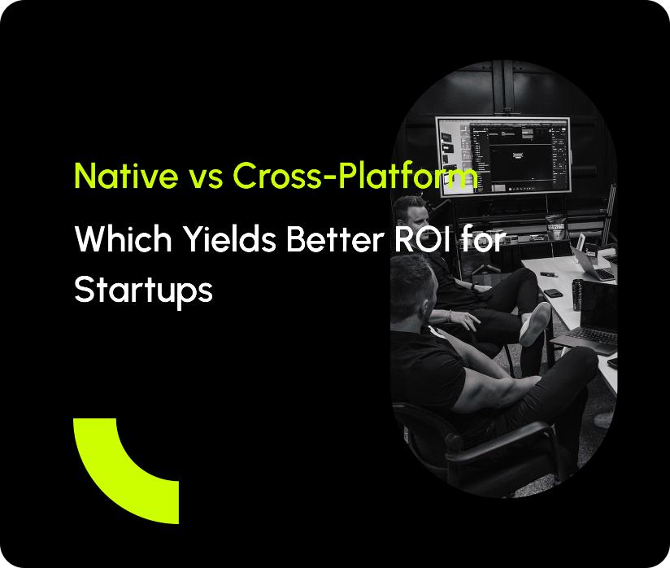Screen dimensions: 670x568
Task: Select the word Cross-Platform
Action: (355, 175)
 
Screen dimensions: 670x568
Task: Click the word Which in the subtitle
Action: (123, 238)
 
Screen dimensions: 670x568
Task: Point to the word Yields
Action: (229, 238)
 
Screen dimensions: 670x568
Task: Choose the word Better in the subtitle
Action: (334, 238)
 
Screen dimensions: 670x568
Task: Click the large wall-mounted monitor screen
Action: (503, 155)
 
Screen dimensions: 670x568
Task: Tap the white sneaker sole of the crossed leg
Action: (534, 324)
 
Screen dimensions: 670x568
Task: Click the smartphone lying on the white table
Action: (552, 293)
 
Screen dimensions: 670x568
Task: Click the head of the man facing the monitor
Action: (409, 215)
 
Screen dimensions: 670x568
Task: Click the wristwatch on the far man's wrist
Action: (474, 287)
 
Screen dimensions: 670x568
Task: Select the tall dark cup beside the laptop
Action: (577, 295)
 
